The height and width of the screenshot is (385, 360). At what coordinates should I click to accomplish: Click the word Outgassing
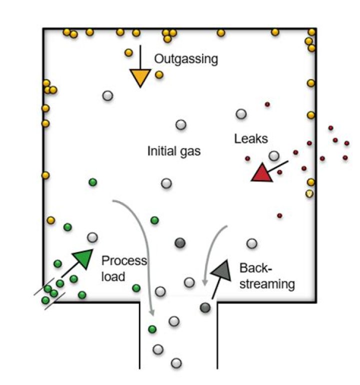[186, 59]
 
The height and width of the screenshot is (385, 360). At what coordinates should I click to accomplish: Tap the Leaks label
[251, 138]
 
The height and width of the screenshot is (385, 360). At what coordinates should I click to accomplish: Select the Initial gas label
[173, 150]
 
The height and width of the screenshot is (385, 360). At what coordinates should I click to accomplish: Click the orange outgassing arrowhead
[140, 78]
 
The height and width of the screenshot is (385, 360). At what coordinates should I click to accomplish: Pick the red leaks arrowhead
[261, 173]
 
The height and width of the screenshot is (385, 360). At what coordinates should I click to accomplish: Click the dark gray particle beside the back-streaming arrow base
[205, 307]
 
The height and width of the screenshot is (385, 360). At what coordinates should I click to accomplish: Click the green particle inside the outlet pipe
[152, 328]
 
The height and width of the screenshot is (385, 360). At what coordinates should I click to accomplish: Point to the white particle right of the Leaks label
[273, 156]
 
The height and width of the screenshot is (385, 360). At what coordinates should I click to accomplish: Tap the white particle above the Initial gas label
[180, 124]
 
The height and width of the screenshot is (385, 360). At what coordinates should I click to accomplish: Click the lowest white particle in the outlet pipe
[175, 362]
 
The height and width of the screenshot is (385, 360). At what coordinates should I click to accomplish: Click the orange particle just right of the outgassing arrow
[159, 74]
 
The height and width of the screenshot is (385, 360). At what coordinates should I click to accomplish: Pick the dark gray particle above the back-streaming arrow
[180, 243]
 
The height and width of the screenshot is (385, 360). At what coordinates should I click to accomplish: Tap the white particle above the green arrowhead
[92, 237]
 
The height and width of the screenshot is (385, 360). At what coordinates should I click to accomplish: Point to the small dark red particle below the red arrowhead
[279, 216]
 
